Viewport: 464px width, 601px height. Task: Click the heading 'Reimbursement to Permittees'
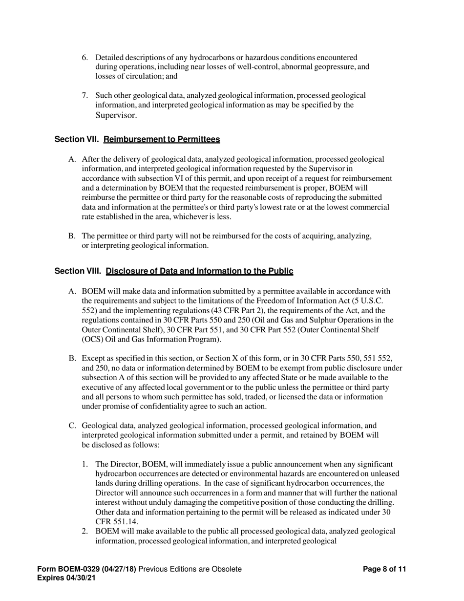[x=162, y=140]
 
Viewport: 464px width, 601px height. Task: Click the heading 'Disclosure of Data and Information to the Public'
[x=199, y=271]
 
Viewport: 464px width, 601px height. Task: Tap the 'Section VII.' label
[x=77, y=140]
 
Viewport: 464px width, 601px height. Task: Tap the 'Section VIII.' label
[x=78, y=271]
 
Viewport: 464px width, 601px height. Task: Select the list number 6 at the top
[x=84, y=58]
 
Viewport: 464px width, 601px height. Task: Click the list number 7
[x=84, y=95]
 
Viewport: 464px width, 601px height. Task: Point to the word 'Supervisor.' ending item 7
[x=116, y=115]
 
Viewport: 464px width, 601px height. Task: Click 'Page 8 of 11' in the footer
[x=385, y=569]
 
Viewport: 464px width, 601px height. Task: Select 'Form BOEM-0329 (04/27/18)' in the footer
[x=87, y=569]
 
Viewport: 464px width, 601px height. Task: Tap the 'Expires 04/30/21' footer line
[x=67, y=578]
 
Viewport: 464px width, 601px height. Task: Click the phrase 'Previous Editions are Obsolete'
[x=190, y=569]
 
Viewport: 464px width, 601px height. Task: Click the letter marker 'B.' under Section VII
[x=72, y=236]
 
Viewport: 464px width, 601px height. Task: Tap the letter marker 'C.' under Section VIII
[x=72, y=426]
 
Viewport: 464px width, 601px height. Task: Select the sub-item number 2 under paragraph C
[x=85, y=531]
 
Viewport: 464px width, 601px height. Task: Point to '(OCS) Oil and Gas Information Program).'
[x=151, y=339]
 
